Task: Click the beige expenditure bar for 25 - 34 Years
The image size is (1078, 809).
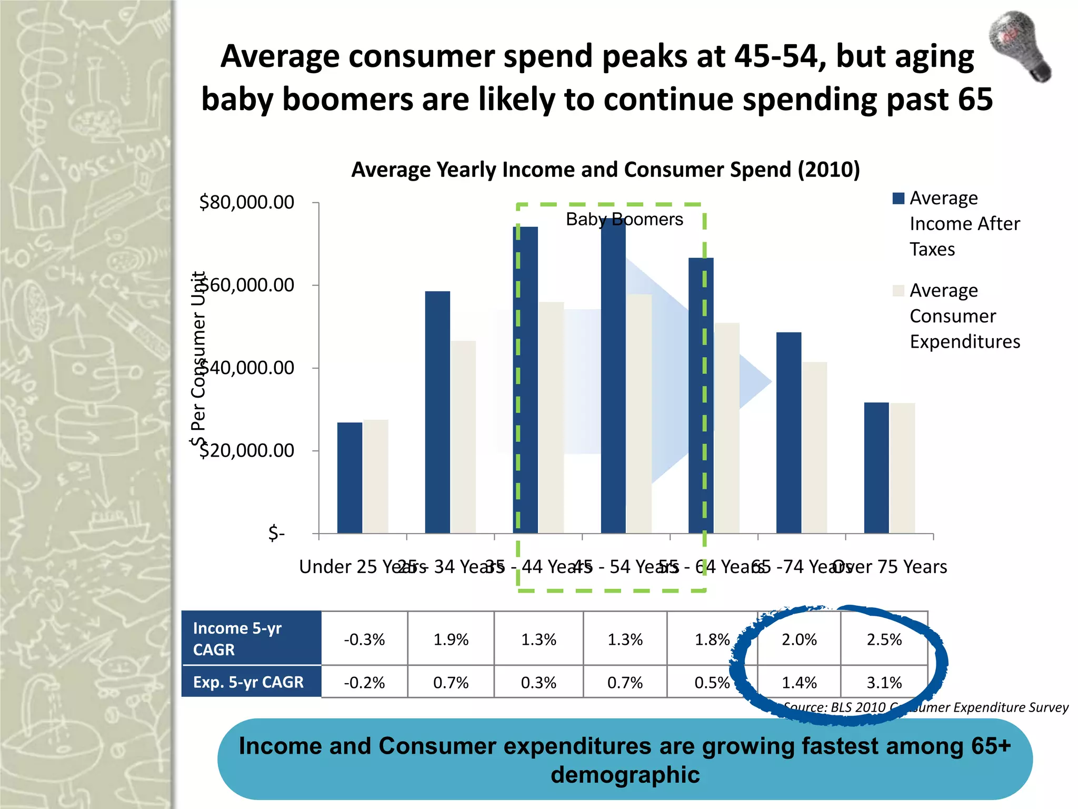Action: (463, 437)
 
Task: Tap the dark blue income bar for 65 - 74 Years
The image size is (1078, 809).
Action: (788, 432)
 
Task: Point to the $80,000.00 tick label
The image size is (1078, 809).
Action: (246, 202)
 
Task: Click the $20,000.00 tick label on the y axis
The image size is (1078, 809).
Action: (246, 451)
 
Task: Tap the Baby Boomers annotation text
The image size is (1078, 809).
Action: (624, 219)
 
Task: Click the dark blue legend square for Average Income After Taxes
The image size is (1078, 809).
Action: (899, 198)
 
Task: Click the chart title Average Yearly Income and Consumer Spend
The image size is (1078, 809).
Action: (605, 170)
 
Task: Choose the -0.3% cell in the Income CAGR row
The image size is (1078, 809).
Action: (364, 639)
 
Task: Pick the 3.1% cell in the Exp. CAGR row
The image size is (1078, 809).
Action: (884, 683)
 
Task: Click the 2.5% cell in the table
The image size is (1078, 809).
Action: (884, 639)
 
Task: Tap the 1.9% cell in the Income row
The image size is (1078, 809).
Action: (451, 639)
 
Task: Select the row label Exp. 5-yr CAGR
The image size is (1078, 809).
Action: (248, 683)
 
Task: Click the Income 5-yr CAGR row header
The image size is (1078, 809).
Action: (238, 638)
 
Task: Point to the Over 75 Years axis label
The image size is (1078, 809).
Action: (891, 567)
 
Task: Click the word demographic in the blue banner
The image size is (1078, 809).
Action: (625, 775)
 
